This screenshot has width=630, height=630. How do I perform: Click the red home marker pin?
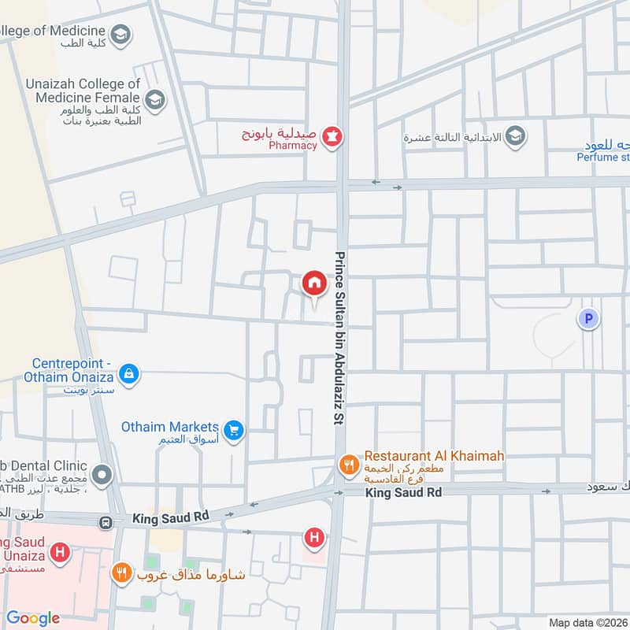pos(313,283)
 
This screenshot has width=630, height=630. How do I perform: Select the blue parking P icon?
pos(587,319)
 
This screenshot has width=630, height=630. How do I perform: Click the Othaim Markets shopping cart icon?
pos(233,429)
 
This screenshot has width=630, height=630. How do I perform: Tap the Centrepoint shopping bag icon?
pos(130,373)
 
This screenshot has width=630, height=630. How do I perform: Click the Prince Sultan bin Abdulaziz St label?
pos(341,339)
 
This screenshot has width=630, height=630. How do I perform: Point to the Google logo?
pos(33,618)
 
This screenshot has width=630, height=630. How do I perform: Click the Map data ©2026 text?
pos(587,622)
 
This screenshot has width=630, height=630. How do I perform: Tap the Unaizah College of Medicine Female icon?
pos(155,100)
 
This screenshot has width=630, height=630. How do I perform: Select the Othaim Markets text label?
pos(169,427)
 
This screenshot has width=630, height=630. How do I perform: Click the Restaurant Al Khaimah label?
pos(434,456)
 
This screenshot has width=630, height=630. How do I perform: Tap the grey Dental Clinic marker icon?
pos(102,476)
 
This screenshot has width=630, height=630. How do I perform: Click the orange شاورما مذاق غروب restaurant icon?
pos(120,573)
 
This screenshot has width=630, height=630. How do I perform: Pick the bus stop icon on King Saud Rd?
pos(105,522)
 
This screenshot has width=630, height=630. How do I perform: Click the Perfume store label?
pos(603,156)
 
